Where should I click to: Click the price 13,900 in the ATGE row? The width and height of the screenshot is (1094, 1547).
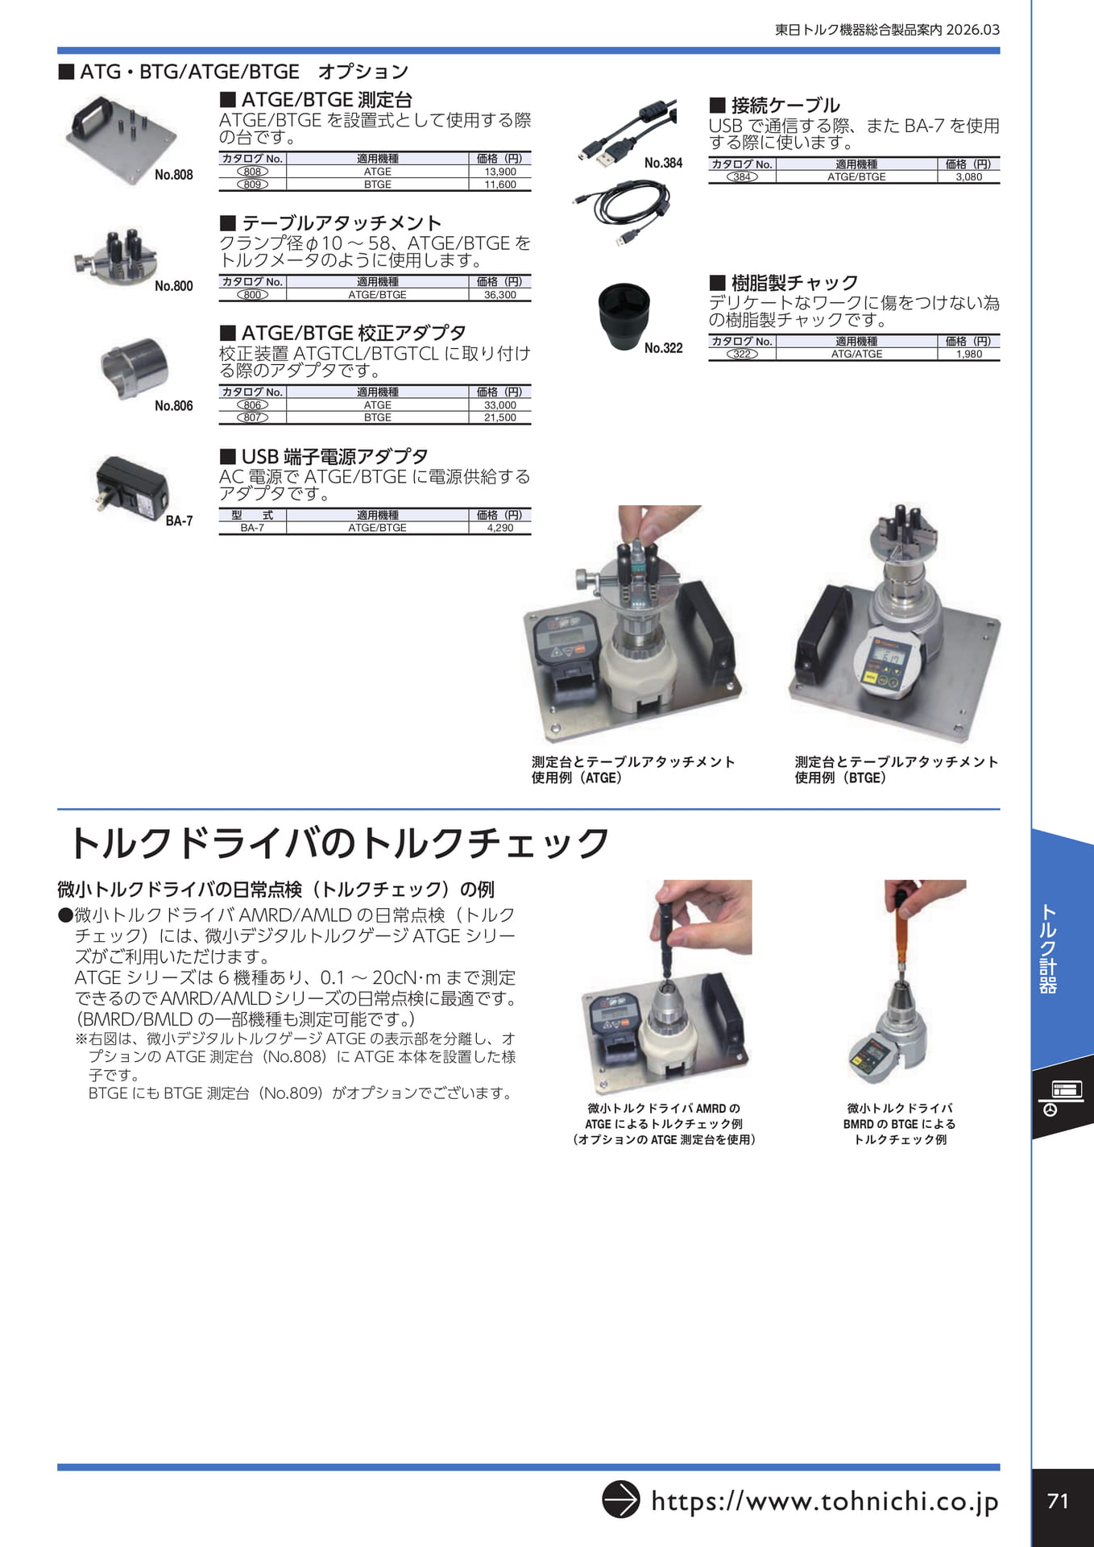coord(500,172)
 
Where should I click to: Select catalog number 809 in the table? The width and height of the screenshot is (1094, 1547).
coord(252,185)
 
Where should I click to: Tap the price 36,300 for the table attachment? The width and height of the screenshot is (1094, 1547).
coord(500,295)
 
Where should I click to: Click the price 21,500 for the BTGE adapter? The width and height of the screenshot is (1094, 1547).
coord(500,417)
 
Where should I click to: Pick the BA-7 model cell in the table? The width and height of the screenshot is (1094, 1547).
coord(252,528)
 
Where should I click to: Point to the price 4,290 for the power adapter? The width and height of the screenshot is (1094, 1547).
coord(500,528)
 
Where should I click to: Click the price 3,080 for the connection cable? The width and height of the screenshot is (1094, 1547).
coord(969,176)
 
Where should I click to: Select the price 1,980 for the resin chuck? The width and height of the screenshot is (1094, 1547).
coord(969,354)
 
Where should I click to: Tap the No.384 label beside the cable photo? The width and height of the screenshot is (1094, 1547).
coord(663,163)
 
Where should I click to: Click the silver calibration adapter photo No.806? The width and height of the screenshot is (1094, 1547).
coord(135,367)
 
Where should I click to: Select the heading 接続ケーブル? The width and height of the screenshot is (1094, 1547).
coord(785,106)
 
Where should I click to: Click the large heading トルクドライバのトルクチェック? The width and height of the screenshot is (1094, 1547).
coord(339,843)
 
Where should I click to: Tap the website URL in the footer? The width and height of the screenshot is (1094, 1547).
coord(825,1501)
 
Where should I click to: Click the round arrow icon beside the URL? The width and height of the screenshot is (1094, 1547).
coord(621,1499)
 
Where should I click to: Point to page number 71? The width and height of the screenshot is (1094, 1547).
coord(1059,1501)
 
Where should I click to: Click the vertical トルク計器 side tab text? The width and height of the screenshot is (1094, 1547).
coord(1048,949)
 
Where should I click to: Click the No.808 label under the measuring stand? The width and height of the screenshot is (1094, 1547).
coord(174,175)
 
